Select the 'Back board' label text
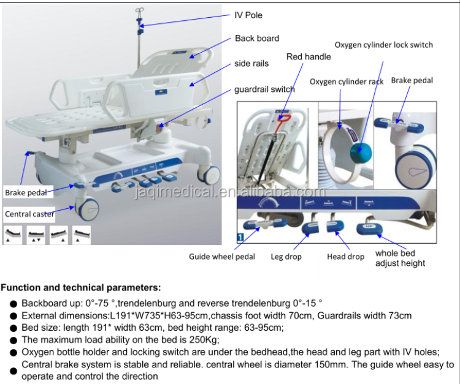tap(257, 38)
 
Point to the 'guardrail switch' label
tap(264, 89)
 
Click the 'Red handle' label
tap(309, 57)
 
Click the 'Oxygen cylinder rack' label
tap(347, 81)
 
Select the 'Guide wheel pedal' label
tap(222, 257)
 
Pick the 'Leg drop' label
tap(285, 257)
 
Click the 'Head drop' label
tap(345, 257)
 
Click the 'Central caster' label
tap(29, 214)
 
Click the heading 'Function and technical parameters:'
tap(82, 287)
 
